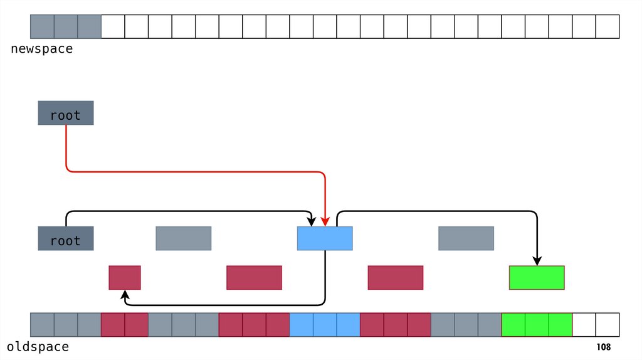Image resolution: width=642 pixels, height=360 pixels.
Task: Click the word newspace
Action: coord(41,49)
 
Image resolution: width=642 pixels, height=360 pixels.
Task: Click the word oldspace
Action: coord(38,347)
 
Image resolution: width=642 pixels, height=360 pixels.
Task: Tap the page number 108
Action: coord(603,347)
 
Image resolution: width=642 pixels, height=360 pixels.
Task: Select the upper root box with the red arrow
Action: coord(66,113)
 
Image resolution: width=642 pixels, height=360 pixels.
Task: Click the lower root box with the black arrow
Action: coord(66,238)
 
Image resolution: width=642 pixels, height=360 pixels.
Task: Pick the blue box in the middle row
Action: coord(325,238)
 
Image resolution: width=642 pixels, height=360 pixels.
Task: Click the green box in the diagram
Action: coord(537,277)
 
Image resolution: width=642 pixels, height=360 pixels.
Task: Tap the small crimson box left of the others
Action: coord(125,277)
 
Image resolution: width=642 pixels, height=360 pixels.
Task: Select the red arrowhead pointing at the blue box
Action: coord(325,221)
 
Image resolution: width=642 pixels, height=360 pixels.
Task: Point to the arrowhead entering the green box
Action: coord(537,261)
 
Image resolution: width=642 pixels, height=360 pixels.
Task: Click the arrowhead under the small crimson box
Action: coord(125,294)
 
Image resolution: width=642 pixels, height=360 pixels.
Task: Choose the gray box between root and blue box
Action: coord(184,238)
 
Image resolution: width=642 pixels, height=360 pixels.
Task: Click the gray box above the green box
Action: coord(466,238)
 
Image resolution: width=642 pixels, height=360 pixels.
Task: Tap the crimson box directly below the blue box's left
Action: coord(254,277)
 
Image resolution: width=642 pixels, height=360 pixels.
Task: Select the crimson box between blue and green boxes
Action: coord(396,277)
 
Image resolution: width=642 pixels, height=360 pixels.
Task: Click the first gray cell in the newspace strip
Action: coord(42,26)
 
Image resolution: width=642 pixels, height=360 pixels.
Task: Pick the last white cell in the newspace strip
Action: coord(608,26)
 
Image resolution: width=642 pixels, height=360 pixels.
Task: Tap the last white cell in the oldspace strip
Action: coord(608,325)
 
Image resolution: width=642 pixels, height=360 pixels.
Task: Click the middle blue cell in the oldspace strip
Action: coord(325,325)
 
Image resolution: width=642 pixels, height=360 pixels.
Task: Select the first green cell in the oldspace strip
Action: coord(513,325)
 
